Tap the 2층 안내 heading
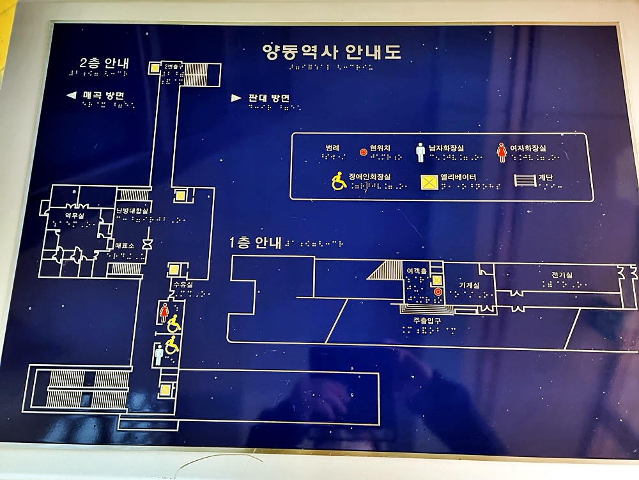(104, 63)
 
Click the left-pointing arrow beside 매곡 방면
(72, 96)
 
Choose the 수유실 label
(182, 284)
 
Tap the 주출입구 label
(424, 320)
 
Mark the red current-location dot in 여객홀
(438, 292)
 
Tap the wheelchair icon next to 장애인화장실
(339, 182)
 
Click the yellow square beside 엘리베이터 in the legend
(429, 182)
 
